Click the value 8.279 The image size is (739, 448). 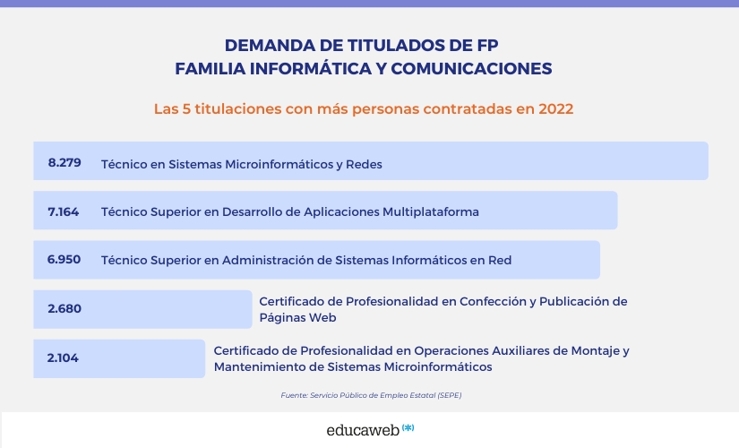point(64,163)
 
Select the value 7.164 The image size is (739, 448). point(64,212)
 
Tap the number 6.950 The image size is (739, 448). point(64,260)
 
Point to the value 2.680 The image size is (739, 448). point(64,309)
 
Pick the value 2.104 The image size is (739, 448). point(64,358)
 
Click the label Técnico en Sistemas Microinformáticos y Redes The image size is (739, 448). point(242,164)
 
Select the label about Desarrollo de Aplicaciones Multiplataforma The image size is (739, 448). point(290,212)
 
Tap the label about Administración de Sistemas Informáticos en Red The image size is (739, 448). point(306,260)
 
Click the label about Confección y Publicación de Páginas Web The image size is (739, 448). point(443,309)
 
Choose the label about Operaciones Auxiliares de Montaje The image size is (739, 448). point(421,358)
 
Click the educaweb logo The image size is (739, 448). point(363,430)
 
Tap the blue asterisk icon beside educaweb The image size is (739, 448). point(408,427)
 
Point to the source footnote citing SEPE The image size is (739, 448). point(371,395)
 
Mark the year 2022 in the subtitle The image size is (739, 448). point(555,109)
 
